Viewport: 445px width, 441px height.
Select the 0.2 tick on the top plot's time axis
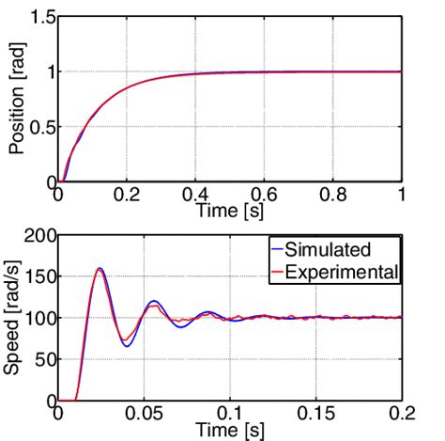click(x=128, y=197)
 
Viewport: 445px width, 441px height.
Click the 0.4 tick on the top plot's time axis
click(x=196, y=197)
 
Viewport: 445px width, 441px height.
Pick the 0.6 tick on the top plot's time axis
click(x=265, y=197)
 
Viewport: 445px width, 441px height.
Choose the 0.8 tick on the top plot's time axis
click(x=333, y=197)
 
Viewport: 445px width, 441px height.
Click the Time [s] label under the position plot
click(x=230, y=213)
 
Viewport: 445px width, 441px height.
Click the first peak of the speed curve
click(x=100, y=269)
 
